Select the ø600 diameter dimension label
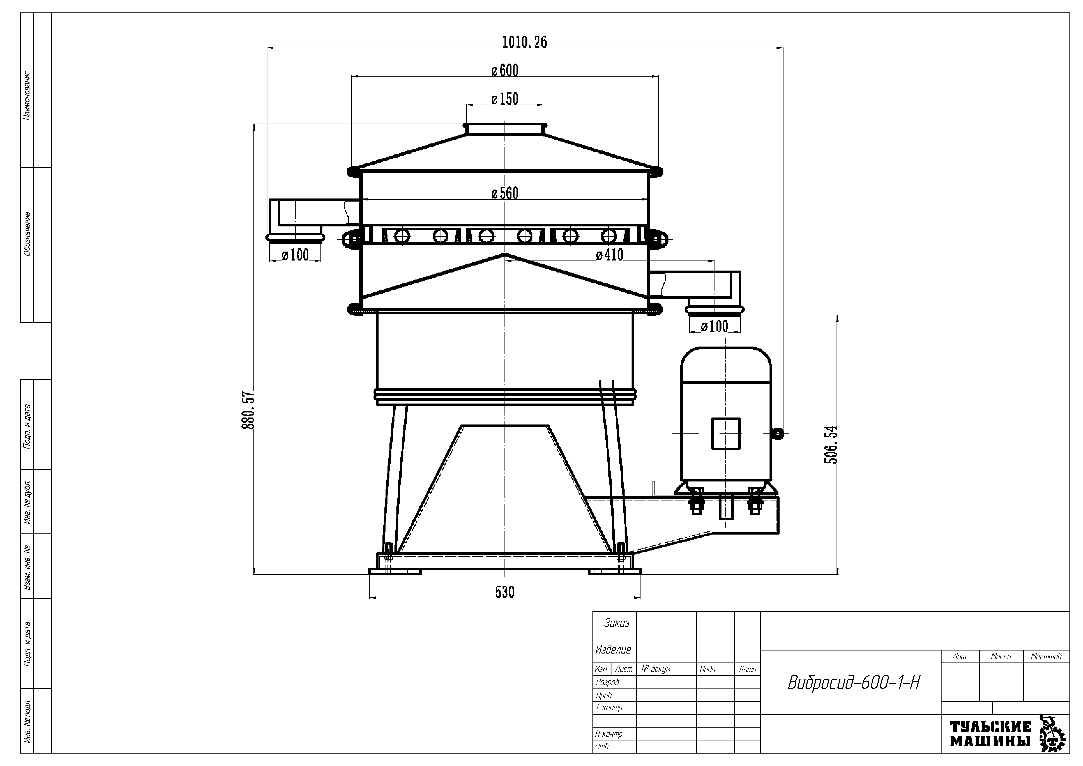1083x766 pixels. (x=505, y=71)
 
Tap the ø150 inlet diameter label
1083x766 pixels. (x=505, y=99)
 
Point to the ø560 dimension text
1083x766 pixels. (x=505, y=193)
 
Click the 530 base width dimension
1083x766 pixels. (x=505, y=592)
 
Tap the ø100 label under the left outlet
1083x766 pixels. (x=295, y=255)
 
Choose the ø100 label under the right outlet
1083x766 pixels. (x=715, y=326)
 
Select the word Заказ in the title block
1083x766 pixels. (x=616, y=624)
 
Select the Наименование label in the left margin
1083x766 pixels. (x=27, y=95)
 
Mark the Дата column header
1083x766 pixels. (x=747, y=669)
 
